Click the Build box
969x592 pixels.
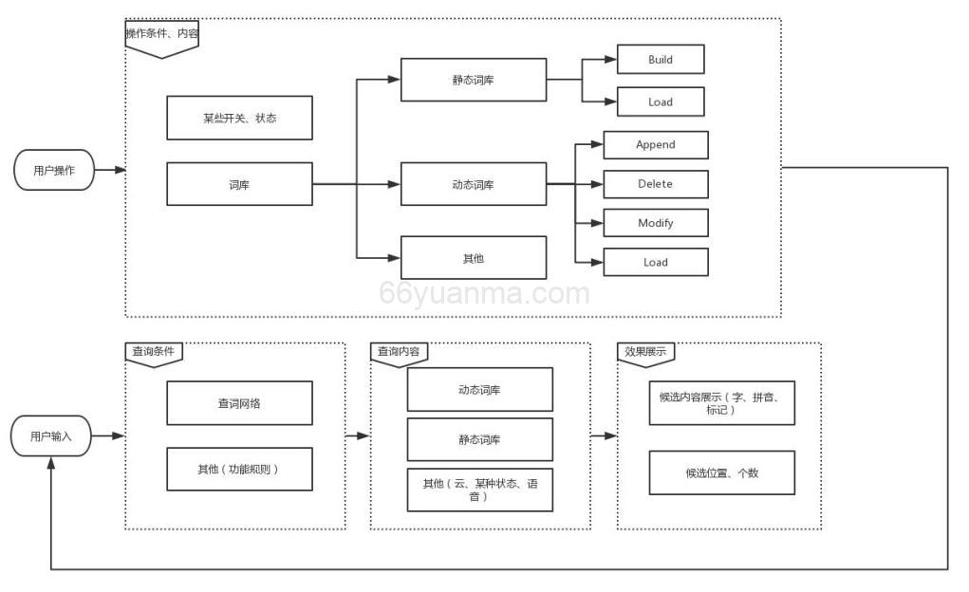coord(661,60)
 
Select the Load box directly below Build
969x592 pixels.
coord(661,102)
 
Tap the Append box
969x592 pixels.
coord(656,145)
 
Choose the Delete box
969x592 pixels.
coord(656,184)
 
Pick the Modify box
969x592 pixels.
coord(656,223)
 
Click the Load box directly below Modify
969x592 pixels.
coord(656,262)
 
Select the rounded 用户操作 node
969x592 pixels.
coord(54,171)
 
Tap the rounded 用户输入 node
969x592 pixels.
coord(51,436)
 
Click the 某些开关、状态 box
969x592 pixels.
coord(239,119)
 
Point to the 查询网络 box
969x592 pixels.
coord(239,403)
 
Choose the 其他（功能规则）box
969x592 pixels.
coord(239,469)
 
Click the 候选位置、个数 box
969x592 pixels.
coord(721,472)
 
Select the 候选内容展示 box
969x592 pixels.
coord(721,403)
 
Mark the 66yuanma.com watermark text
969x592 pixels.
coord(484,294)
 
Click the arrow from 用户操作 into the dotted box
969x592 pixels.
coord(110,171)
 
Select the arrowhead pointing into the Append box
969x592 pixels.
coord(597,145)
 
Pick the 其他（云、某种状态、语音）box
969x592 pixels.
coord(479,490)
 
